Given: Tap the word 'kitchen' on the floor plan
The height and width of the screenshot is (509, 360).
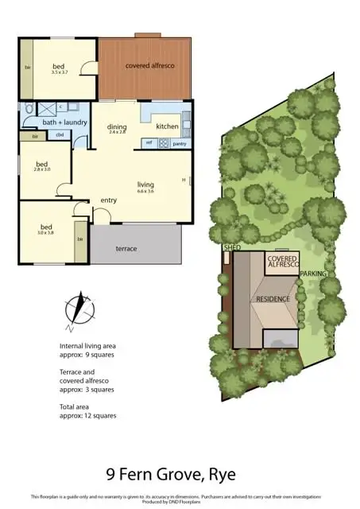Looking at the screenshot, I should pyautogui.click(x=167, y=126).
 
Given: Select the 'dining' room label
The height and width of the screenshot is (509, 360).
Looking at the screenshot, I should pyautogui.click(x=118, y=126).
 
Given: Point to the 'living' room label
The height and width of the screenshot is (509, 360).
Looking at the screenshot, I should pyautogui.click(x=145, y=184).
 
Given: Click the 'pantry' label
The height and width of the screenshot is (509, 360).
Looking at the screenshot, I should pyautogui.click(x=179, y=143).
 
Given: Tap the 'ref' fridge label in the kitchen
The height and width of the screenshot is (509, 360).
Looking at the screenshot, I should pyautogui.click(x=148, y=143).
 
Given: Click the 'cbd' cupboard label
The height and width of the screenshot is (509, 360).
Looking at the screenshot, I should pyautogui.click(x=60, y=136).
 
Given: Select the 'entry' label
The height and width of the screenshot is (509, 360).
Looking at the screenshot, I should pyautogui.click(x=108, y=200).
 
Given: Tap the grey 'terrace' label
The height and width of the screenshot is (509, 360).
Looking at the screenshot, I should pyautogui.click(x=126, y=249).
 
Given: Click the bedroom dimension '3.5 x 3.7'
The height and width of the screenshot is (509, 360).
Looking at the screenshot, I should pyautogui.click(x=60, y=72).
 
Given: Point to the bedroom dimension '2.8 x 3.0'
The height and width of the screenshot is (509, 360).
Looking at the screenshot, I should pyautogui.click(x=42, y=169).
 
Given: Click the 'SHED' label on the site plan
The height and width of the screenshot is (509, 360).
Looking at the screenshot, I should pyautogui.click(x=232, y=248).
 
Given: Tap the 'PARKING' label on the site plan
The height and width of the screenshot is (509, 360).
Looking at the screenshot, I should pyautogui.click(x=312, y=274).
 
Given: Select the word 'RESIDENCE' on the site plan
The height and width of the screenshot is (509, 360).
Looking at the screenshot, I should pyautogui.click(x=272, y=298).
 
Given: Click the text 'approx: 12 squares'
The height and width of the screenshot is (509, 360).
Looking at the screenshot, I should pyautogui.click(x=88, y=416).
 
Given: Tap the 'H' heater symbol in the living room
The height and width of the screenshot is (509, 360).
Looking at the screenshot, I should pyautogui.click(x=184, y=180).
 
